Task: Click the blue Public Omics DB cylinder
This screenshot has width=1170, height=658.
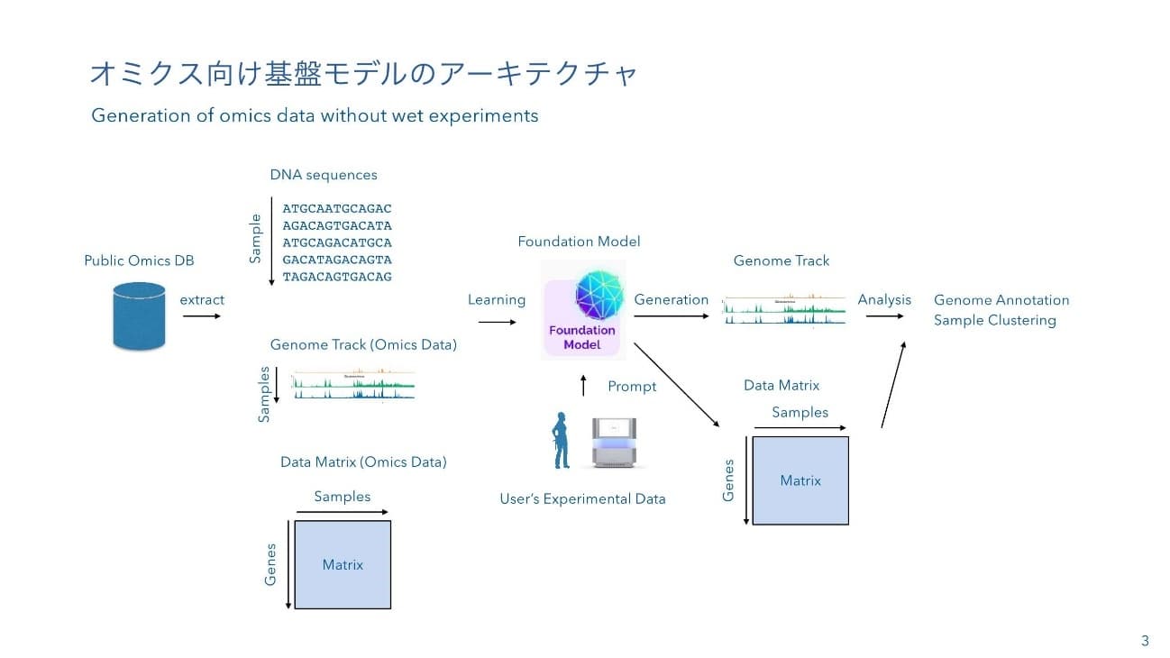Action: coord(140,315)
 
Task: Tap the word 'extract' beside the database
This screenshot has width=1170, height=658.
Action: coord(202,299)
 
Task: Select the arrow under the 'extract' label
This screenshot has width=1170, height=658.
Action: coord(201,316)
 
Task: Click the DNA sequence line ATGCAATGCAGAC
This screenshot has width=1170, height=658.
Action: coord(337,208)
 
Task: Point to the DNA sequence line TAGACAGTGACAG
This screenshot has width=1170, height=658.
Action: coord(337,277)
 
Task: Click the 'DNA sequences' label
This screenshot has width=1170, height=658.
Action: coord(324,175)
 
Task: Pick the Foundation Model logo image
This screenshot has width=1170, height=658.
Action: coord(582,310)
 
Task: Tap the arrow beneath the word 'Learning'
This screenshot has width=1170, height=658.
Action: coord(495,316)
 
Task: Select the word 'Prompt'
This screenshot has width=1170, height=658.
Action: coord(632,386)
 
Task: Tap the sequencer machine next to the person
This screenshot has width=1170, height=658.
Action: coord(620,443)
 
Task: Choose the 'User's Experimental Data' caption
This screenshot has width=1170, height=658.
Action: coord(582,498)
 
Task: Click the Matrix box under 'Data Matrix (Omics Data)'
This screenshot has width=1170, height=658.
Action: coord(343,564)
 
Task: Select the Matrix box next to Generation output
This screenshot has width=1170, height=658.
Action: coord(800,480)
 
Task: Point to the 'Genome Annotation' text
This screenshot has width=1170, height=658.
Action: coord(1001,300)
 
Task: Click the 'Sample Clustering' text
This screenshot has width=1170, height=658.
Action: coord(994,320)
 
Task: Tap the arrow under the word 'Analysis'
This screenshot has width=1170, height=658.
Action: coord(884,316)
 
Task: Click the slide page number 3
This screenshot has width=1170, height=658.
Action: coord(1145,641)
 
